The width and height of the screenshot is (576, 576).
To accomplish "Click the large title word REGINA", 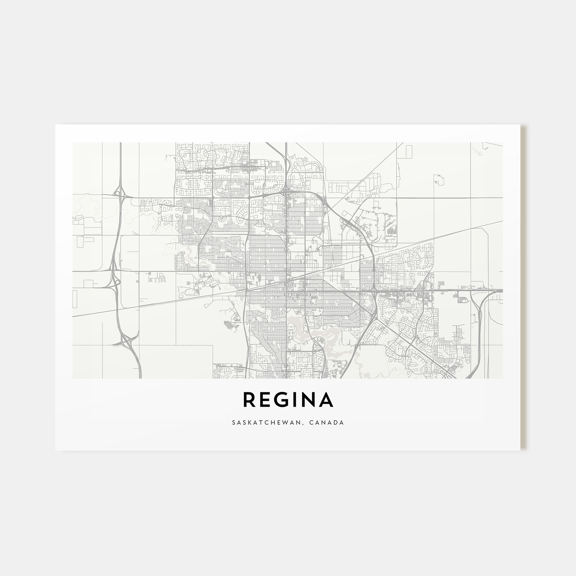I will coord(288,399).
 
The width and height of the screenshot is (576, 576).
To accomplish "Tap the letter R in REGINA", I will coord(249,399).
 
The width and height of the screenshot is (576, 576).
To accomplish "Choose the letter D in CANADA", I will coord(336,422).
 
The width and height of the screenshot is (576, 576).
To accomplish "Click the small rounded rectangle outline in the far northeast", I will coord(439,179).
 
